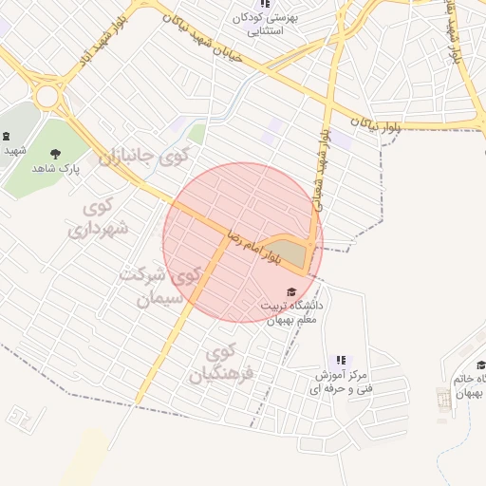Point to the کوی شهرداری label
point(91,217)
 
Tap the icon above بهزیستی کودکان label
point(264,4)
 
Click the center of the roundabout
point(47,96)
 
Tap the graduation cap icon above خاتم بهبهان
point(482,365)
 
